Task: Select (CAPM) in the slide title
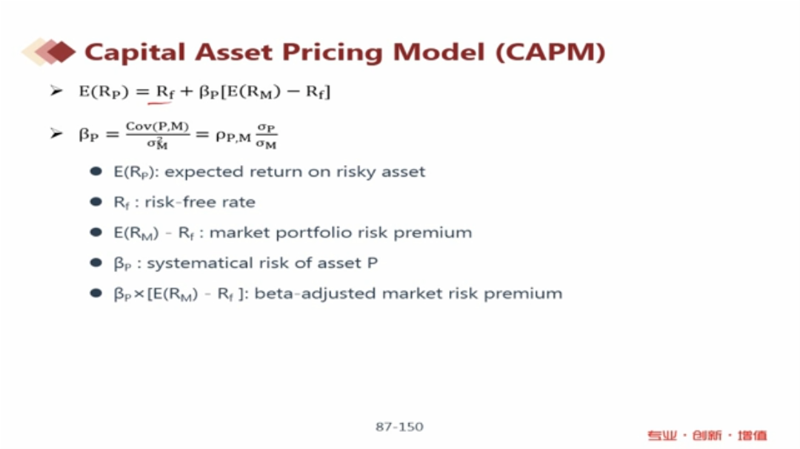(x=550, y=52)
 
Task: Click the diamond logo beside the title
(x=49, y=52)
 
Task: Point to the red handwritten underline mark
(x=159, y=103)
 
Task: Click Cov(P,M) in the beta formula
(x=157, y=126)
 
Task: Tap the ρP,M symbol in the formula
(x=233, y=136)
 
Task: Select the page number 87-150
(x=399, y=427)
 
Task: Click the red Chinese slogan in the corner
(x=707, y=435)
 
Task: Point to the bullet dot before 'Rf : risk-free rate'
(x=96, y=202)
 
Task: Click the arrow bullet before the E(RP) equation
(x=56, y=91)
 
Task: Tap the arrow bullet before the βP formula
(x=56, y=134)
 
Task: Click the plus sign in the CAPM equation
(x=186, y=92)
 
